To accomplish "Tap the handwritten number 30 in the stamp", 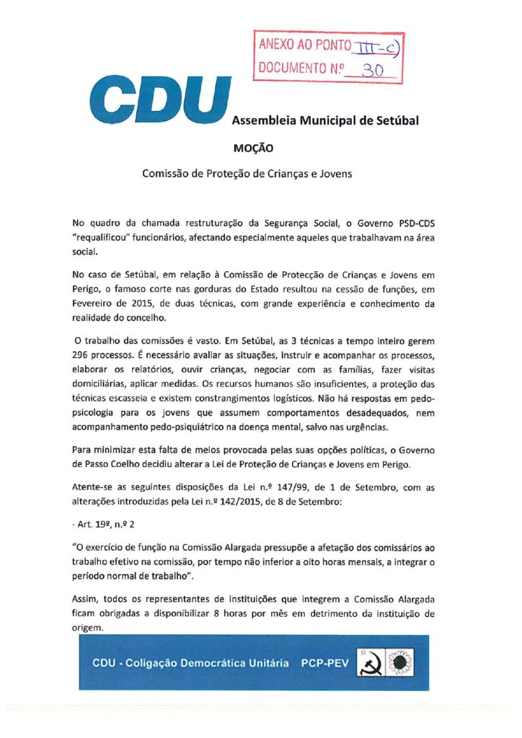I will point(373,70).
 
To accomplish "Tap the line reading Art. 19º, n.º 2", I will point(102,521).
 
